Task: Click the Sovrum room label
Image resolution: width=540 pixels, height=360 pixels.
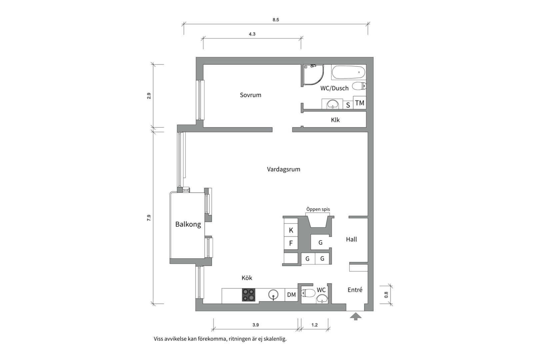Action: [250, 95]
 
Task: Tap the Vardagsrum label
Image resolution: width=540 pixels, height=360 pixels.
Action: [283, 169]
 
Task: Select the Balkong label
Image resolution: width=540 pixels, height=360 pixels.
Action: [188, 224]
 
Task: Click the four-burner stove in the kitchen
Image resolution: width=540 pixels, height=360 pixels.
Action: [249, 295]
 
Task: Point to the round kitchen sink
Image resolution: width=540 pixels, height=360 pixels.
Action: [273, 295]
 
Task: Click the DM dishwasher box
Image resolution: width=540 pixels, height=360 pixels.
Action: [291, 295]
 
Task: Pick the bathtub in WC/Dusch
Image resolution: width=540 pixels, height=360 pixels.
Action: [349, 72]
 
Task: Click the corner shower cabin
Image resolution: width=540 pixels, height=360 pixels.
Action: [313, 75]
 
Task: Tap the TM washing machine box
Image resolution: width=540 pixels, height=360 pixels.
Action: [360, 103]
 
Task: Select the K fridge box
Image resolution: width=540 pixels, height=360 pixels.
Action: [291, 230]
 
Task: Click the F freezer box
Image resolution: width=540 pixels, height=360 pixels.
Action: [291, 243]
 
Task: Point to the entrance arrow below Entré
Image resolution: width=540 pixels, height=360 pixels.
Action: [356, 316]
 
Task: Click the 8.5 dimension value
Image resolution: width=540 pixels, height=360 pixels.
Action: [276, 20]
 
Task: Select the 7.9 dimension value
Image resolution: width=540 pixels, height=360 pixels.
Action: [149, 218]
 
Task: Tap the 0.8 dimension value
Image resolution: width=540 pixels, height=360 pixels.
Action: [386, 295]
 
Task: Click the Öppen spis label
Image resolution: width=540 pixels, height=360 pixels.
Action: [318, 209]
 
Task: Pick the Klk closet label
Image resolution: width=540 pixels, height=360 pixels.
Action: [335, 120]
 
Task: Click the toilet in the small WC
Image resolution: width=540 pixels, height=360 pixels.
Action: [308, 293]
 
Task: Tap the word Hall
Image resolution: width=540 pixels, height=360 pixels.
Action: [351, 239]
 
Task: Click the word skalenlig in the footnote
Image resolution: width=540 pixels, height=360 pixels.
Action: [275, 339]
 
